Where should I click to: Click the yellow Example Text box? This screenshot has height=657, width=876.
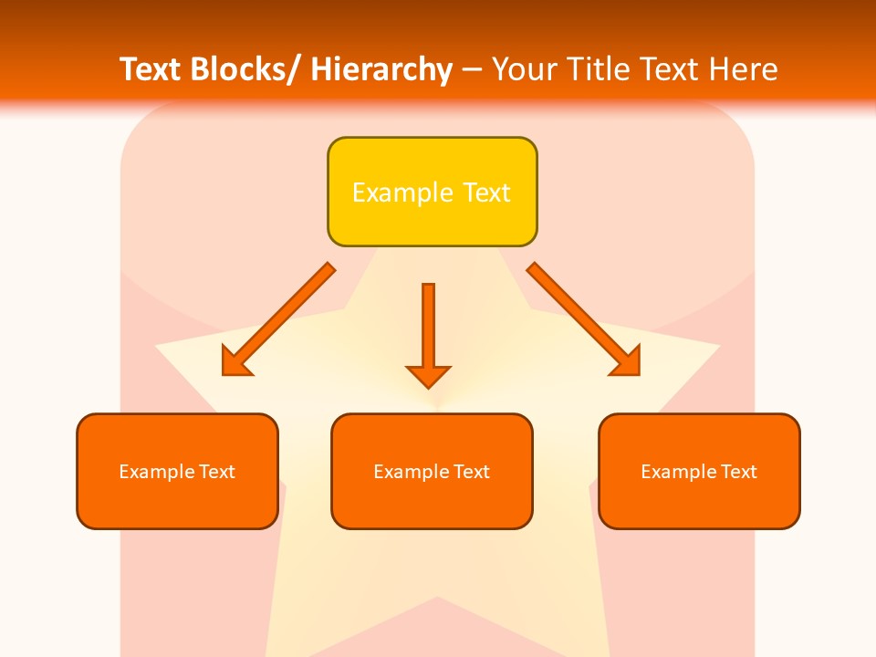click(x=432, y=192)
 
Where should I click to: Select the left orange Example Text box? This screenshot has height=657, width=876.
click(x=177, y=471)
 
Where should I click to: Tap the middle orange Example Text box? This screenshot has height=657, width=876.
click(x=432, y=471)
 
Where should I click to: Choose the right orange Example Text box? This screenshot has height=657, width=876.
click(x=699, y=471)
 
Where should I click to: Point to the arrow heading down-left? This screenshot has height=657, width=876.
click(x=278, y=319)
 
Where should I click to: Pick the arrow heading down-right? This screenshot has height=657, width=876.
click(x=584, y=319)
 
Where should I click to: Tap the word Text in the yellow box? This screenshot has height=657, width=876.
click(x=486, y=193)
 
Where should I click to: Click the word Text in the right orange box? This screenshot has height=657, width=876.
click(x=738, y=472)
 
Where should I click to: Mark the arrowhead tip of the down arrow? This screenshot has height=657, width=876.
click(x=428, y=387)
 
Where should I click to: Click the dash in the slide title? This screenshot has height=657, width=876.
click(x=472, y=70)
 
